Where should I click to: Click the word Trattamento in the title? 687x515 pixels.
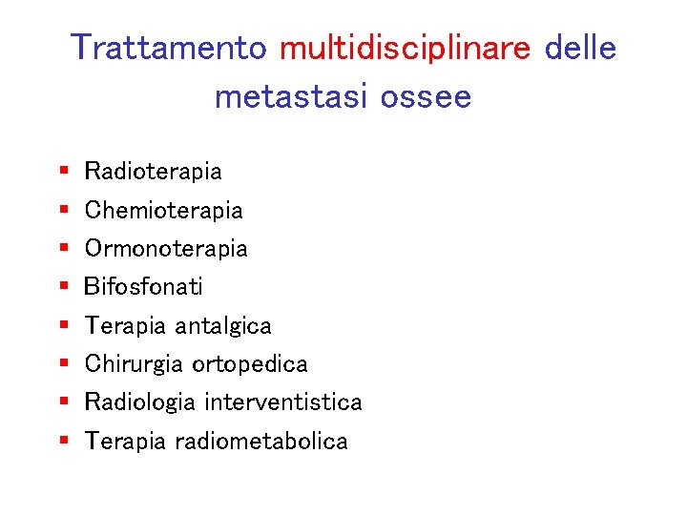tap(169, 48)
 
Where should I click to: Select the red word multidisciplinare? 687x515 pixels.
tap(405, 48)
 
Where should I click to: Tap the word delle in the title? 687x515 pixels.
tap(580, 48)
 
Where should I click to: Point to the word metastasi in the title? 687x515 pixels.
tap(291, 96)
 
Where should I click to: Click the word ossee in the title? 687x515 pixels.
tap(427, 96)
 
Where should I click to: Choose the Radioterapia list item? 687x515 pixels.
tap(153, 172)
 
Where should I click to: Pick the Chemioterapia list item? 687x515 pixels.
tap(163, 210)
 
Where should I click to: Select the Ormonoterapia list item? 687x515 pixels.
tap(166, 249)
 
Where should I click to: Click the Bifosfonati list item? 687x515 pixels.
tap(143, 286)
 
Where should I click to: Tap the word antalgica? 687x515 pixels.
tap(222, 326)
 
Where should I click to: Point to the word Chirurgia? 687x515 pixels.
tap(135, 364)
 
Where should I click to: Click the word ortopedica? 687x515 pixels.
tap(249, 364)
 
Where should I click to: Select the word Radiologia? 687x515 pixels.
tap(140, 402)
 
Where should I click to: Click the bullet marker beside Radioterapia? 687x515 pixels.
tap(63, 172)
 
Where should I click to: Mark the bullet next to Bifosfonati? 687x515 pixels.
tap(63, 286)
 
